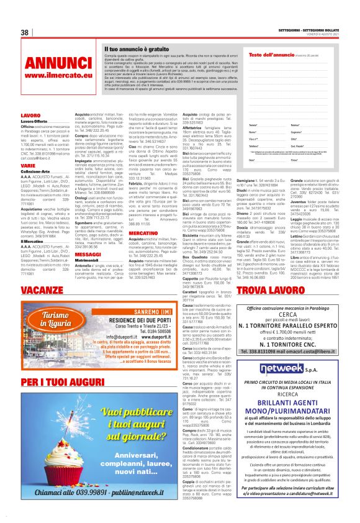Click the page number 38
pyautogui.click(x=25, y=32)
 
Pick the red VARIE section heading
pyautogui.click(x=28, y=166)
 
